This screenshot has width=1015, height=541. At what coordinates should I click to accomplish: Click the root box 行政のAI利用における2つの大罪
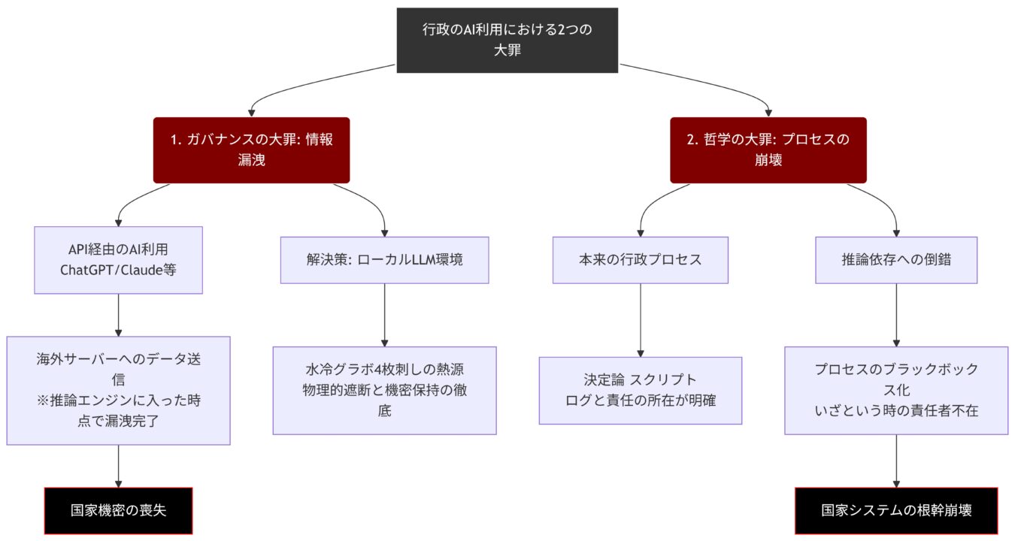click(507, 40)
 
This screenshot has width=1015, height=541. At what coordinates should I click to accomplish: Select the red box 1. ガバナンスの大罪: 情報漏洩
click(251, 150)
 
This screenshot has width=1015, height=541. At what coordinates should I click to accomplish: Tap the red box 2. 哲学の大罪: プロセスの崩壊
click(768, 150)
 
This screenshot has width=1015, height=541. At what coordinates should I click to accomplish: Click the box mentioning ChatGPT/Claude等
click(118, 259)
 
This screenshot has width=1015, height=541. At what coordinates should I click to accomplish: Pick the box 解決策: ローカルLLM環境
click(384, 260)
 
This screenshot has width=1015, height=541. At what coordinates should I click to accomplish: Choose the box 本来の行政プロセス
click(640, 260)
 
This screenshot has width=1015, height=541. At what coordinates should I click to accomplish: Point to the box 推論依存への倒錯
click(896, 260)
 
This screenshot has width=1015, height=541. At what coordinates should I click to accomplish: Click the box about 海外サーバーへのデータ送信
click(118, 390)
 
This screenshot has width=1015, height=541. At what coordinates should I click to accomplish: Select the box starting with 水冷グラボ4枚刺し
click(384, 390)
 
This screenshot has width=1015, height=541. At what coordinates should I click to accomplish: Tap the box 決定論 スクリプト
click(640, 390)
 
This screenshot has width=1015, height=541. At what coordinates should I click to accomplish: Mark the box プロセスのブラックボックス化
click(896, 390)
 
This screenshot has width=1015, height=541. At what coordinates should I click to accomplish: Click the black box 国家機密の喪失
click(118, 510)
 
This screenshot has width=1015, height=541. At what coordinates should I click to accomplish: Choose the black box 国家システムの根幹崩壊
click(896, 510)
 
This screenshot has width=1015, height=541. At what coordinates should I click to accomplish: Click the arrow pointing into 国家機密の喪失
click(118, 466)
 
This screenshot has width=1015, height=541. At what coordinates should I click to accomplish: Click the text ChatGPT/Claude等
click(118, 269)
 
